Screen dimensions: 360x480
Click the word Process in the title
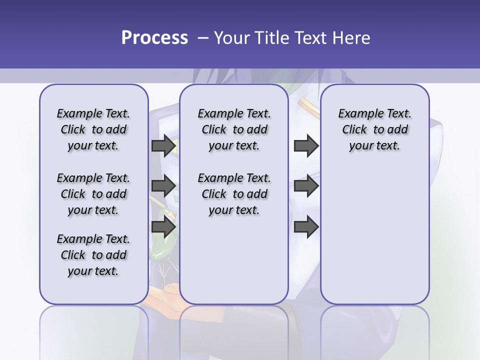point(154,38)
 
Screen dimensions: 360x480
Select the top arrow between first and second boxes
point(163,146)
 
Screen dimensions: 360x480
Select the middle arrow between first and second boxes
point(163,186)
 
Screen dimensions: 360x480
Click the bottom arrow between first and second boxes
point(163,227)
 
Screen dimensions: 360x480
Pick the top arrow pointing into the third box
point(306,146)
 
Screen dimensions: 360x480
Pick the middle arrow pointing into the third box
point(306,186)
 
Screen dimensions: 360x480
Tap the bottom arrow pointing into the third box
point(306,227)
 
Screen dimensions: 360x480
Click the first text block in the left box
point(93,129)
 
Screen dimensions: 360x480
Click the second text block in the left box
point(93,194)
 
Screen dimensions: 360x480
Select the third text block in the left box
point(93,255)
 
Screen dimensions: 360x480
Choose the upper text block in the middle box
point(234,129)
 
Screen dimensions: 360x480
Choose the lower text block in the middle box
point(234,194)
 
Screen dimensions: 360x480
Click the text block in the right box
point(375,129)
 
